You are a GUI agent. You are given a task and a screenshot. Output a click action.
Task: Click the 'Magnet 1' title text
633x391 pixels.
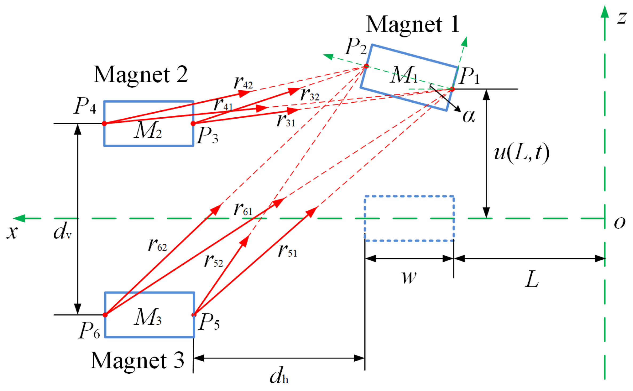(x=412, y=25)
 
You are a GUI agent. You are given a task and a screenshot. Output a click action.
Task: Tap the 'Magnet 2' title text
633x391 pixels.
(x=141, y=75)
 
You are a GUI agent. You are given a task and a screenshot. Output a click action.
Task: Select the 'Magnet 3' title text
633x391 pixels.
(x=137, y=361)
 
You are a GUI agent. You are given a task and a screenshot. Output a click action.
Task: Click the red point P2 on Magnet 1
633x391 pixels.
(x=366, y=66)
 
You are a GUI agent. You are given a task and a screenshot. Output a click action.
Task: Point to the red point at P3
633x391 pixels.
(x=193, y=123)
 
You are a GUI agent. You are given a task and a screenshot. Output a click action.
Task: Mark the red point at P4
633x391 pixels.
(x=104, y=123)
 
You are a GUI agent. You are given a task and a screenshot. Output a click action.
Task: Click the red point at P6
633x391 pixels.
(x=105, y=315)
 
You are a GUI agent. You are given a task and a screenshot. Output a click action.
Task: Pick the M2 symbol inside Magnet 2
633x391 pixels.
(x=148, y=131)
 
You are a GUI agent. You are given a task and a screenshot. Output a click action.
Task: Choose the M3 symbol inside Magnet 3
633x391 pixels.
(x=148, y=317)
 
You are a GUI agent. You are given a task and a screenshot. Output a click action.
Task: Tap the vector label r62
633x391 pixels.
(x=158, y=245)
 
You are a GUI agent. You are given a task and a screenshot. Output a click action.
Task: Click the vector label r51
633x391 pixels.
(x=288, y=251)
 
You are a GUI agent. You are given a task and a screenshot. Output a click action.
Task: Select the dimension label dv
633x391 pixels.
(x=62, y=231)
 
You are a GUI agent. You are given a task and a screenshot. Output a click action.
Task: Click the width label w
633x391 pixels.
(x=409, y=277)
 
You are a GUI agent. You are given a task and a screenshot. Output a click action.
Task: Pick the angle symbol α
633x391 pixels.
(x=469, y=117)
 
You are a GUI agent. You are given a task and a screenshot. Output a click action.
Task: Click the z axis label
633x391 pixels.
(x=622, y=18)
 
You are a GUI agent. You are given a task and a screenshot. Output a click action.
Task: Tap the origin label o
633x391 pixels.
(x=620, y=222)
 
